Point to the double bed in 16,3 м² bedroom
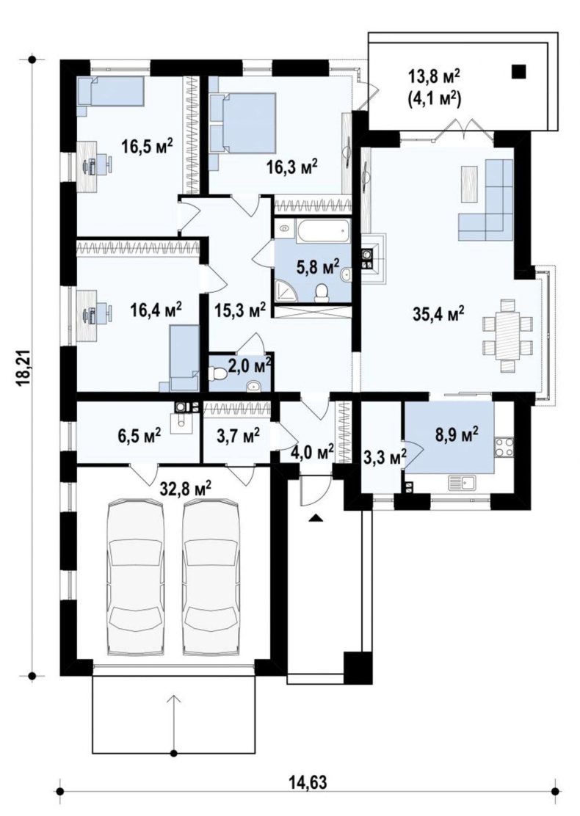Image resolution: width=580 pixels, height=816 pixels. click(x=243, y=123)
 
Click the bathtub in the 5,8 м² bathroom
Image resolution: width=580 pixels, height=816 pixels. click(x=323, y=230)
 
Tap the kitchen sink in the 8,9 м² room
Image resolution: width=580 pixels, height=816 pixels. click(x=462, y=484)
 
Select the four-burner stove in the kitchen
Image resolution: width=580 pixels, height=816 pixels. click(x=503, y=446)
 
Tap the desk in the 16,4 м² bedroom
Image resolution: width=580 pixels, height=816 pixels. click(x=90, y=315)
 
